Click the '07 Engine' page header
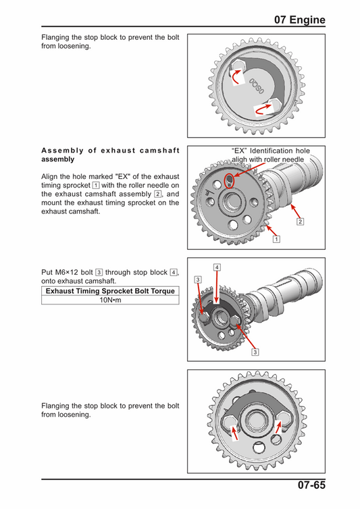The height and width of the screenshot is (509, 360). [299, 20]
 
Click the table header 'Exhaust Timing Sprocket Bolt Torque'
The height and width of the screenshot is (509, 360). [110, 291]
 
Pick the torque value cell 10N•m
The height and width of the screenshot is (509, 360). [110, 300]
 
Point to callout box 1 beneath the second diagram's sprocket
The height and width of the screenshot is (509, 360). [276, 238]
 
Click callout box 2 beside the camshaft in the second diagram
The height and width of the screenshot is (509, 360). [301, 221]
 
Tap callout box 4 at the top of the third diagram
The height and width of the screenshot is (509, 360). [216, 267]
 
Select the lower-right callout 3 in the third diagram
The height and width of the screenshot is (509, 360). [255, 352]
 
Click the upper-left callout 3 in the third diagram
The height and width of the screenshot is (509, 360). [197, 279]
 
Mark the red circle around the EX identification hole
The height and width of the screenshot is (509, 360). [230, 180]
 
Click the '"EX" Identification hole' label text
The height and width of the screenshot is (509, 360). [270, 151]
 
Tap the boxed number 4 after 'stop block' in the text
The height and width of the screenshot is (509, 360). [174, 272]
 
